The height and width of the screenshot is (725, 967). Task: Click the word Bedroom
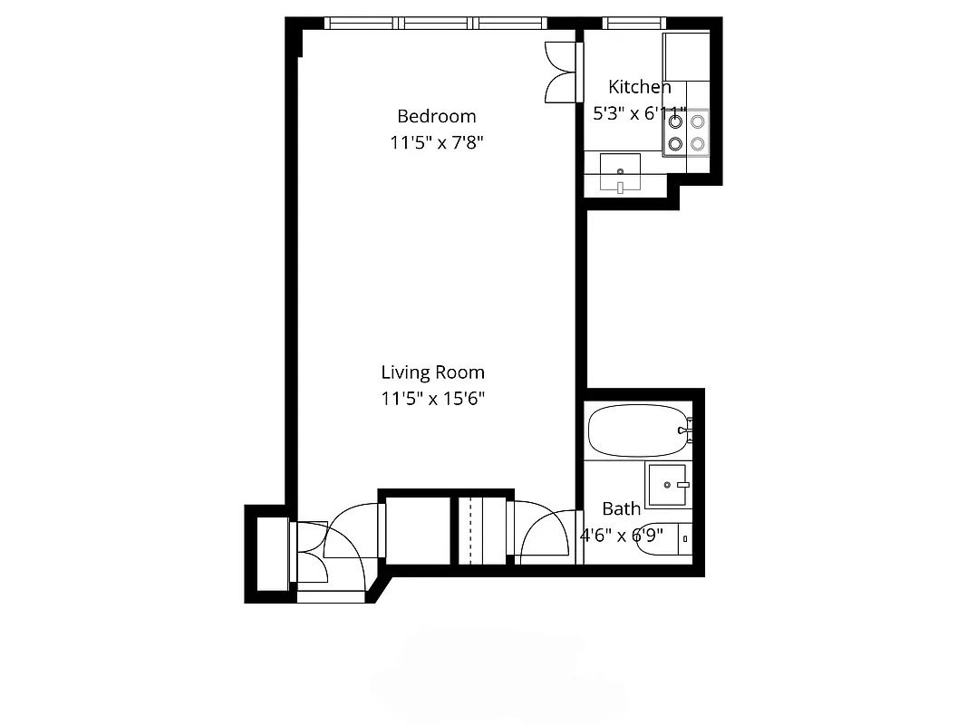tap(436, 116)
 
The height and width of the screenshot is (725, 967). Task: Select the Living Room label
tap(432, 372)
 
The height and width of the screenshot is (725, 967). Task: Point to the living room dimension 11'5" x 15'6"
tap(432, 398)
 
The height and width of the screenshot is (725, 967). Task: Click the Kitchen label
tap(639, 87)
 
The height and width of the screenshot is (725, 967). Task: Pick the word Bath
tap(621, 508)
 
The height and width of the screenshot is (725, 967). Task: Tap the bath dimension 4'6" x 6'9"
tap(622, 535)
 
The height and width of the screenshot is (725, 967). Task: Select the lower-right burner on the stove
tap(697, 142)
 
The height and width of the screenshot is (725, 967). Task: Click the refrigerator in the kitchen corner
tap(686, 56)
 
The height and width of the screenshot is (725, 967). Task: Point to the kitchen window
tap(633, 24)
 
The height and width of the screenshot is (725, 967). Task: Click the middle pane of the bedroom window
tap(438, 24)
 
